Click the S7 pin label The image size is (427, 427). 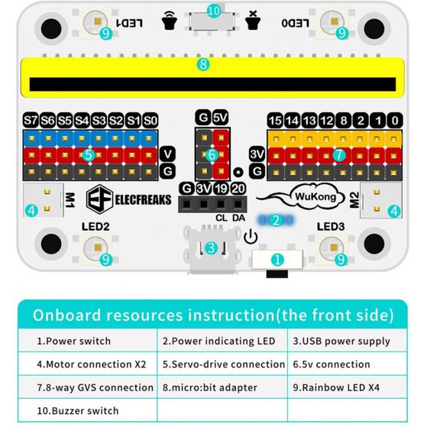click(31, 120)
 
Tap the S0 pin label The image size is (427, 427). click(150, 120)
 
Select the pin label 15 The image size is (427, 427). click(275, 120)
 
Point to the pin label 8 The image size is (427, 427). click(344, 120)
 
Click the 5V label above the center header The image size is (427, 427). click(220, 118)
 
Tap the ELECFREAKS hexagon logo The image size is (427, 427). click(99, 199)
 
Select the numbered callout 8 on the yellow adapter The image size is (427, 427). click(203, 65)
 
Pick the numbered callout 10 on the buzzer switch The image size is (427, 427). click(214, 11)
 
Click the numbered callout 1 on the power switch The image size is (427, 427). click(277, 260)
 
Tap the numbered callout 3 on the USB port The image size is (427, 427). click(211, 248)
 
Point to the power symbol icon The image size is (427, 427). click(251, 237)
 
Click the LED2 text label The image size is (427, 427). click(95, 226)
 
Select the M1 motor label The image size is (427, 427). click(70, 200)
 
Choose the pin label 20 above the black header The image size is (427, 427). click(238, 189)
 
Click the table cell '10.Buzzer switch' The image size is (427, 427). click(78, 410)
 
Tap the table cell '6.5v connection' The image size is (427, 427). click(332, 364)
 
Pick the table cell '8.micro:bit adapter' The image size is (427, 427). click(210, 387)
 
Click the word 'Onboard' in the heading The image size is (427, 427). click(67, 315)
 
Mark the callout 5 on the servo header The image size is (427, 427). click(89, 156)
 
